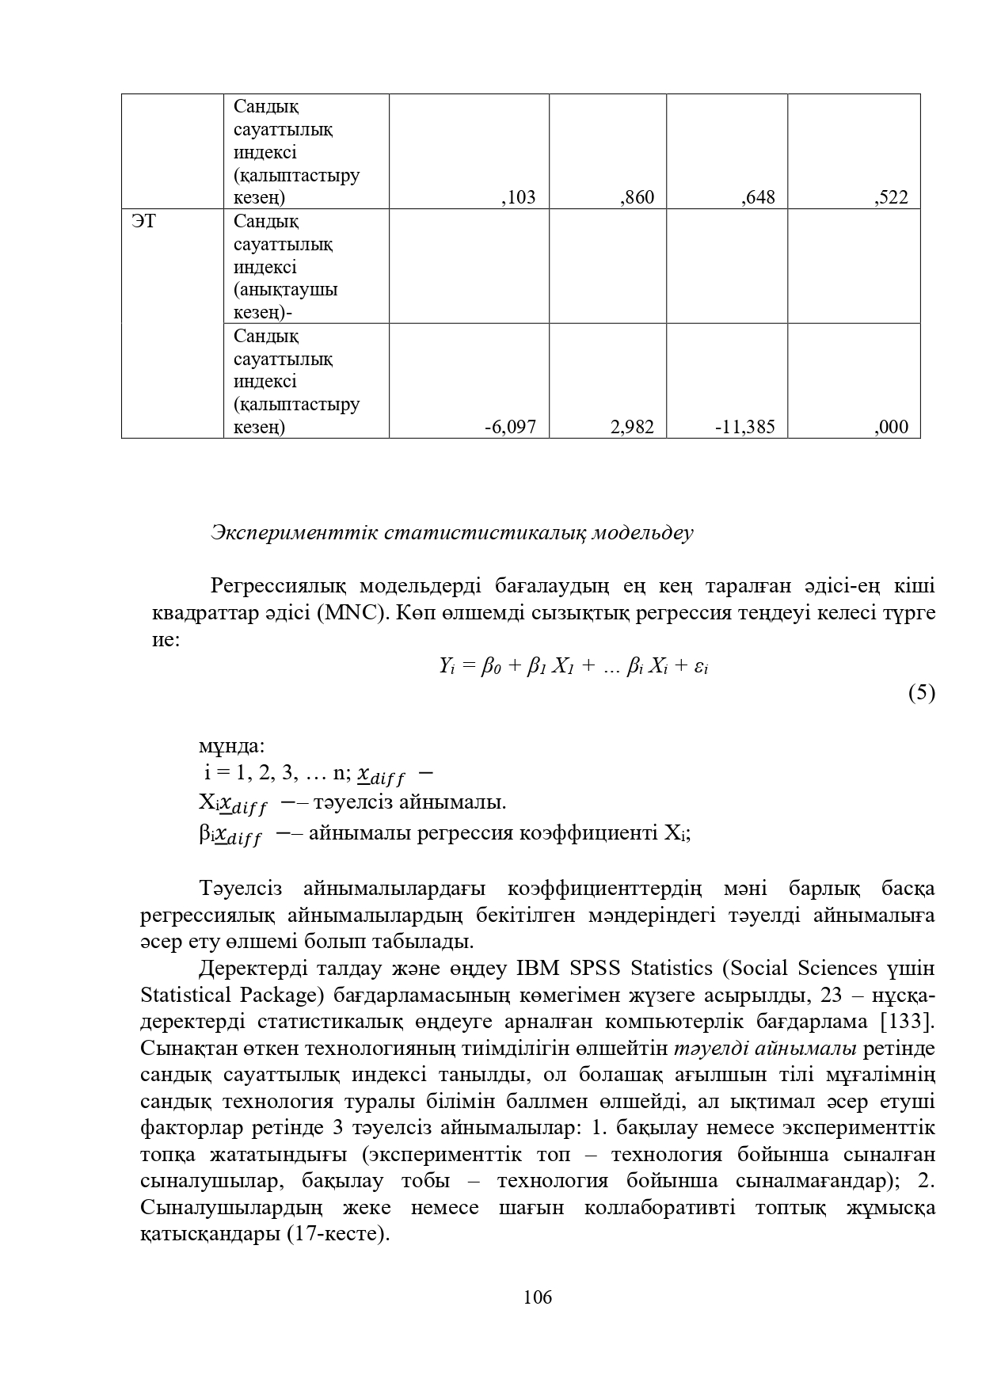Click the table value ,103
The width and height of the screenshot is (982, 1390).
coord(519,198)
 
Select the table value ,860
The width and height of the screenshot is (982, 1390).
coord(638,198)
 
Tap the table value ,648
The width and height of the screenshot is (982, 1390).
coord(758,198)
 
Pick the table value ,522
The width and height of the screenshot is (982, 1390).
coord(892,198)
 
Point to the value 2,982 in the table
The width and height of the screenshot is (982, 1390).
coord(633,428)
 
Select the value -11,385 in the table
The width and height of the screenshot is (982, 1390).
coord(745,428)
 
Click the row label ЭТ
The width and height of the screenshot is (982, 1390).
coord(143,221)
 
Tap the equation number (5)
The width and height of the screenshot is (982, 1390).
coord(921,693)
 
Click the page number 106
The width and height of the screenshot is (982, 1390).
coord(538,1297)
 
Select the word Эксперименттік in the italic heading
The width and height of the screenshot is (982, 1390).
coord(294,533)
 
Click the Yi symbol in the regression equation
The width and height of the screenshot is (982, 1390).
coord(446,666)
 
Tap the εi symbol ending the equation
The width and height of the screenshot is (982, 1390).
coord(701,667)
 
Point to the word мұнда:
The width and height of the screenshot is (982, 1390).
coord(231,746)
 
